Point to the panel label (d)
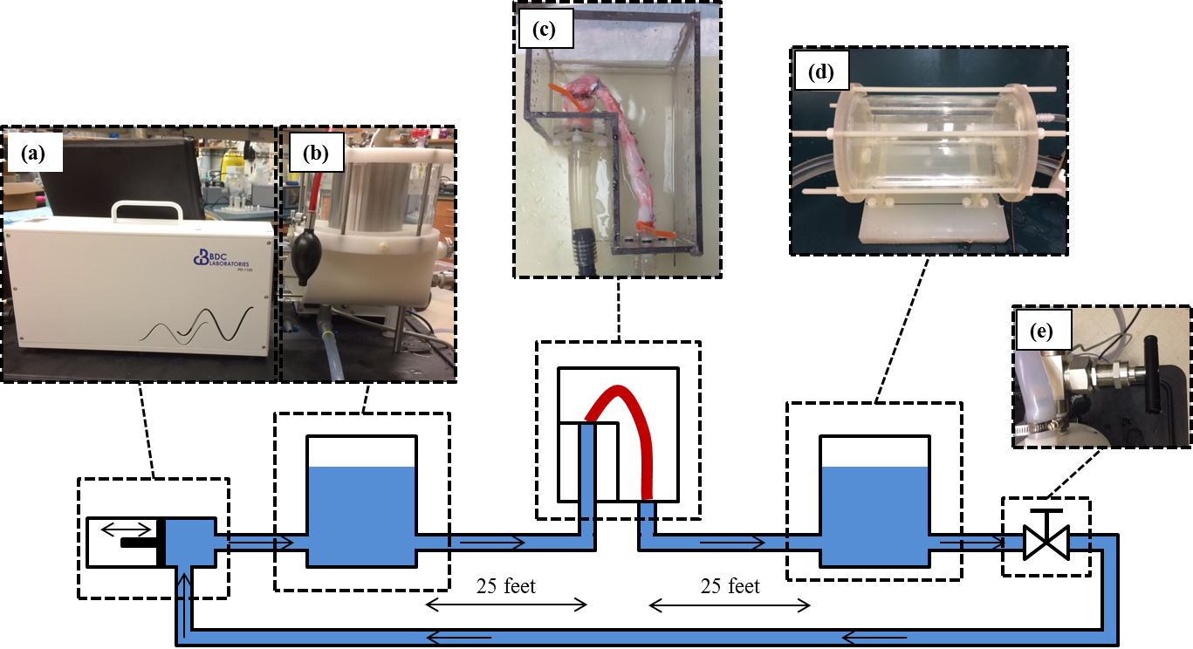821,72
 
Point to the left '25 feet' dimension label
506,586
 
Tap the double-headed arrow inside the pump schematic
123,528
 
